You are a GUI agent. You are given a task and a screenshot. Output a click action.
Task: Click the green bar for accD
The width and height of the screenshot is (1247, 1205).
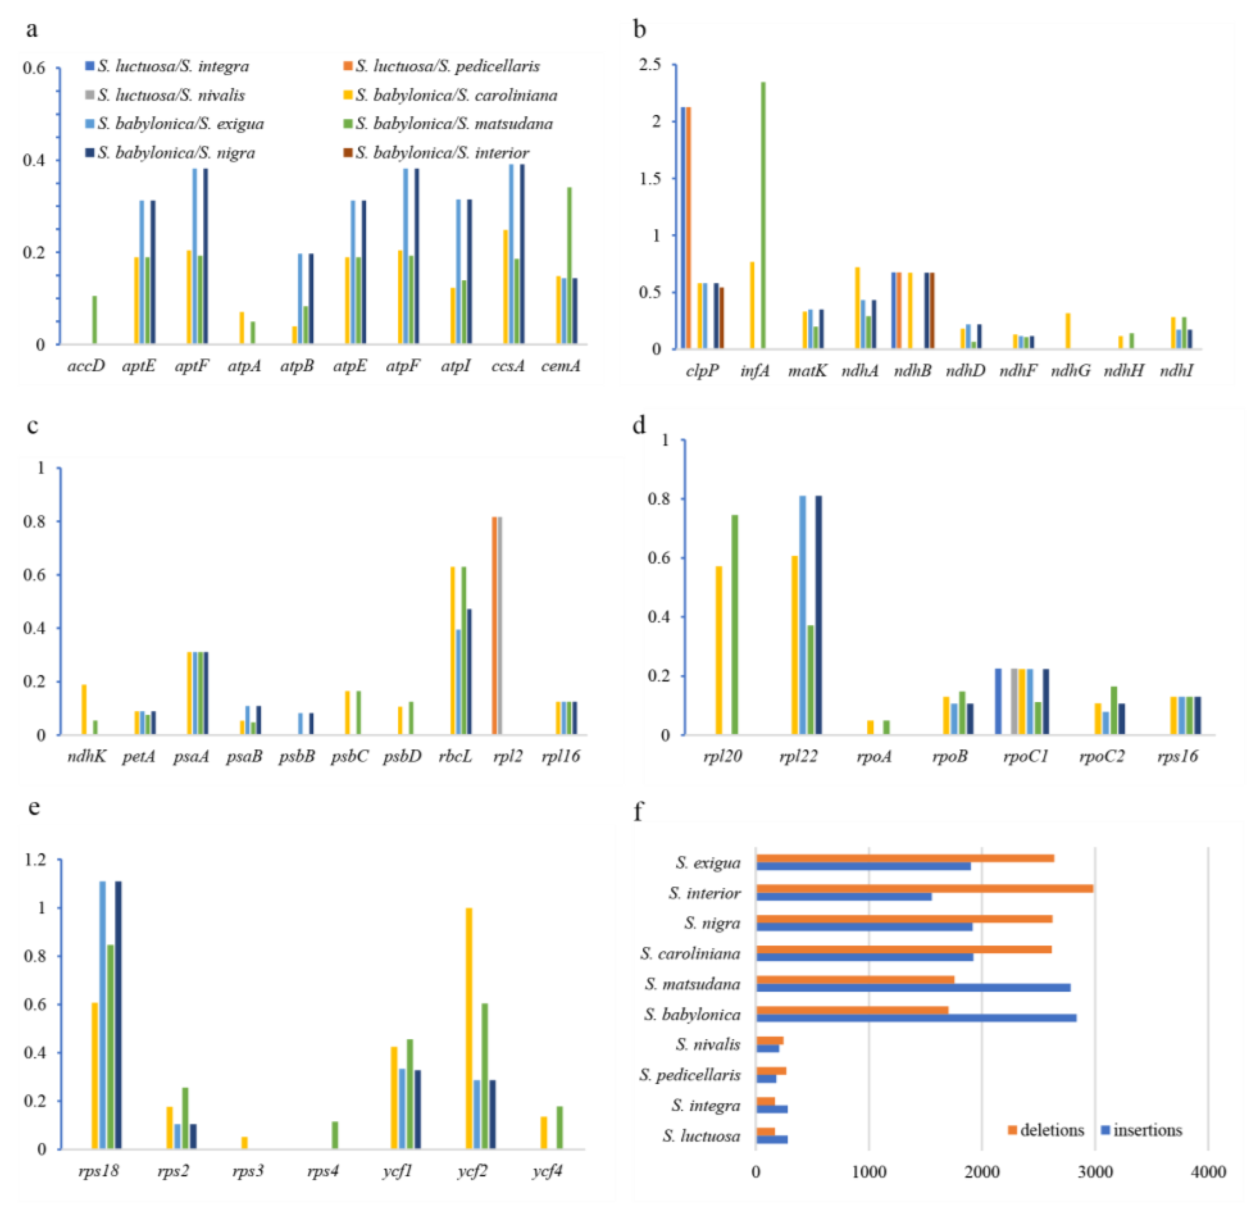point(94,320)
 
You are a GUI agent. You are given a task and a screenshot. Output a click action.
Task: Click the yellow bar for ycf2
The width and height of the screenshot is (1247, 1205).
point(470,1028)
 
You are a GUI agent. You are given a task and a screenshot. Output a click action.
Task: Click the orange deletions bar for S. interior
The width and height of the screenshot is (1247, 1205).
point(924,888)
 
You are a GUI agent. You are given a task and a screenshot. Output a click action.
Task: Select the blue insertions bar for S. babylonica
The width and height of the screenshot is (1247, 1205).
point(916,1018)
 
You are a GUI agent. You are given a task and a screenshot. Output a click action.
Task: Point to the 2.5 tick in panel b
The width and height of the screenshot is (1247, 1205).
point(650,65)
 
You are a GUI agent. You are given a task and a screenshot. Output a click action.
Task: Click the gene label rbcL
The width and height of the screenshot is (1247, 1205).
point(456,756)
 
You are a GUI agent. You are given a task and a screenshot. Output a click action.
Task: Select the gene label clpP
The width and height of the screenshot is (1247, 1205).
point(702,370)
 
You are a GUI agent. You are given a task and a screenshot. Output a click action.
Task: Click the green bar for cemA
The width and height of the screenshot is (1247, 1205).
point(569,265)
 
